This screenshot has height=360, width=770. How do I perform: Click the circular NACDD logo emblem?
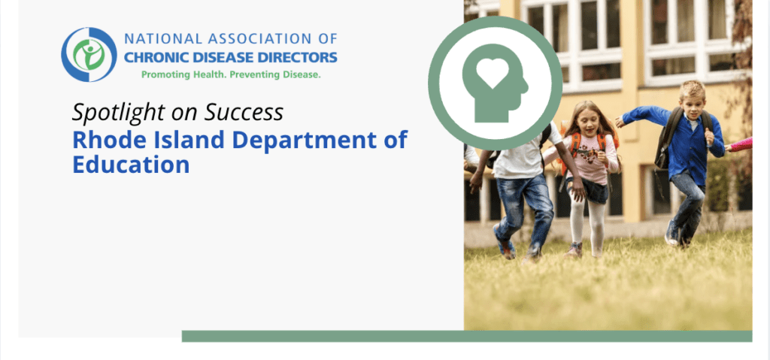[x=89, y=54]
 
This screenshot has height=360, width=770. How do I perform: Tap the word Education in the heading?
[x=131, y=165]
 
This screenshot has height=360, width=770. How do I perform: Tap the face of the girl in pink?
[x=586, y=123]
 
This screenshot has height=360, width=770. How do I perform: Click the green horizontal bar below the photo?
[x=466, y=336]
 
